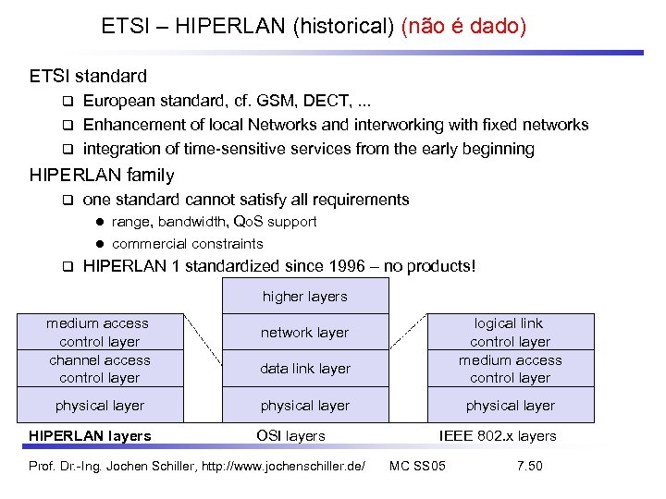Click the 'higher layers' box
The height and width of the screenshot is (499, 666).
304,297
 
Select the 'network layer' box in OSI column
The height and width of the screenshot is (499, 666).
304,333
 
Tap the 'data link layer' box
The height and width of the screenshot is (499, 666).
304,369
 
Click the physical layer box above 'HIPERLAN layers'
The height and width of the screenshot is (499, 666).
100,405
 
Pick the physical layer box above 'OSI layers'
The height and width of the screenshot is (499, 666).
304,405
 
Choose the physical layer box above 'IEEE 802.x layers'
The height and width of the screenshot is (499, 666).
510,405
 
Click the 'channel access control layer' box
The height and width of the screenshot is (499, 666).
100,369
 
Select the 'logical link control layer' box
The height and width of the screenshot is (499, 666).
510,332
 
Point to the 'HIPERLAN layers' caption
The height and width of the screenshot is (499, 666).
90,436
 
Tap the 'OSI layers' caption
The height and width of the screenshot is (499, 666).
290,436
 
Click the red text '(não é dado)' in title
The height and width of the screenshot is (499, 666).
463,27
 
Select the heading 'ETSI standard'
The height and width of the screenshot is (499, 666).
88,76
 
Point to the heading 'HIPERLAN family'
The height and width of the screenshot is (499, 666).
102,175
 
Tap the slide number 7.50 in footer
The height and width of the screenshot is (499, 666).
529,465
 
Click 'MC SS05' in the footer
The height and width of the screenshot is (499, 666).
417,465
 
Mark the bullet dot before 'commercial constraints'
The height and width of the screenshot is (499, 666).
98,244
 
